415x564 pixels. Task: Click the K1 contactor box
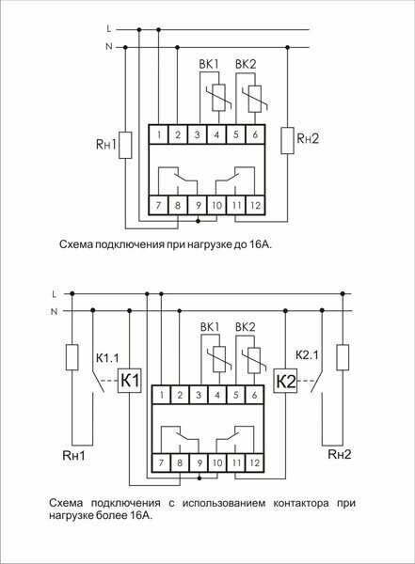coord(129,382)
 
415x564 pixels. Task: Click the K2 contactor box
coord(286,382)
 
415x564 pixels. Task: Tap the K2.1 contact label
coord(309,358)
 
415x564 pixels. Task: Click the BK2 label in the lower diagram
coord(247,326)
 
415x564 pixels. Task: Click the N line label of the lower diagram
coord(54,310)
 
